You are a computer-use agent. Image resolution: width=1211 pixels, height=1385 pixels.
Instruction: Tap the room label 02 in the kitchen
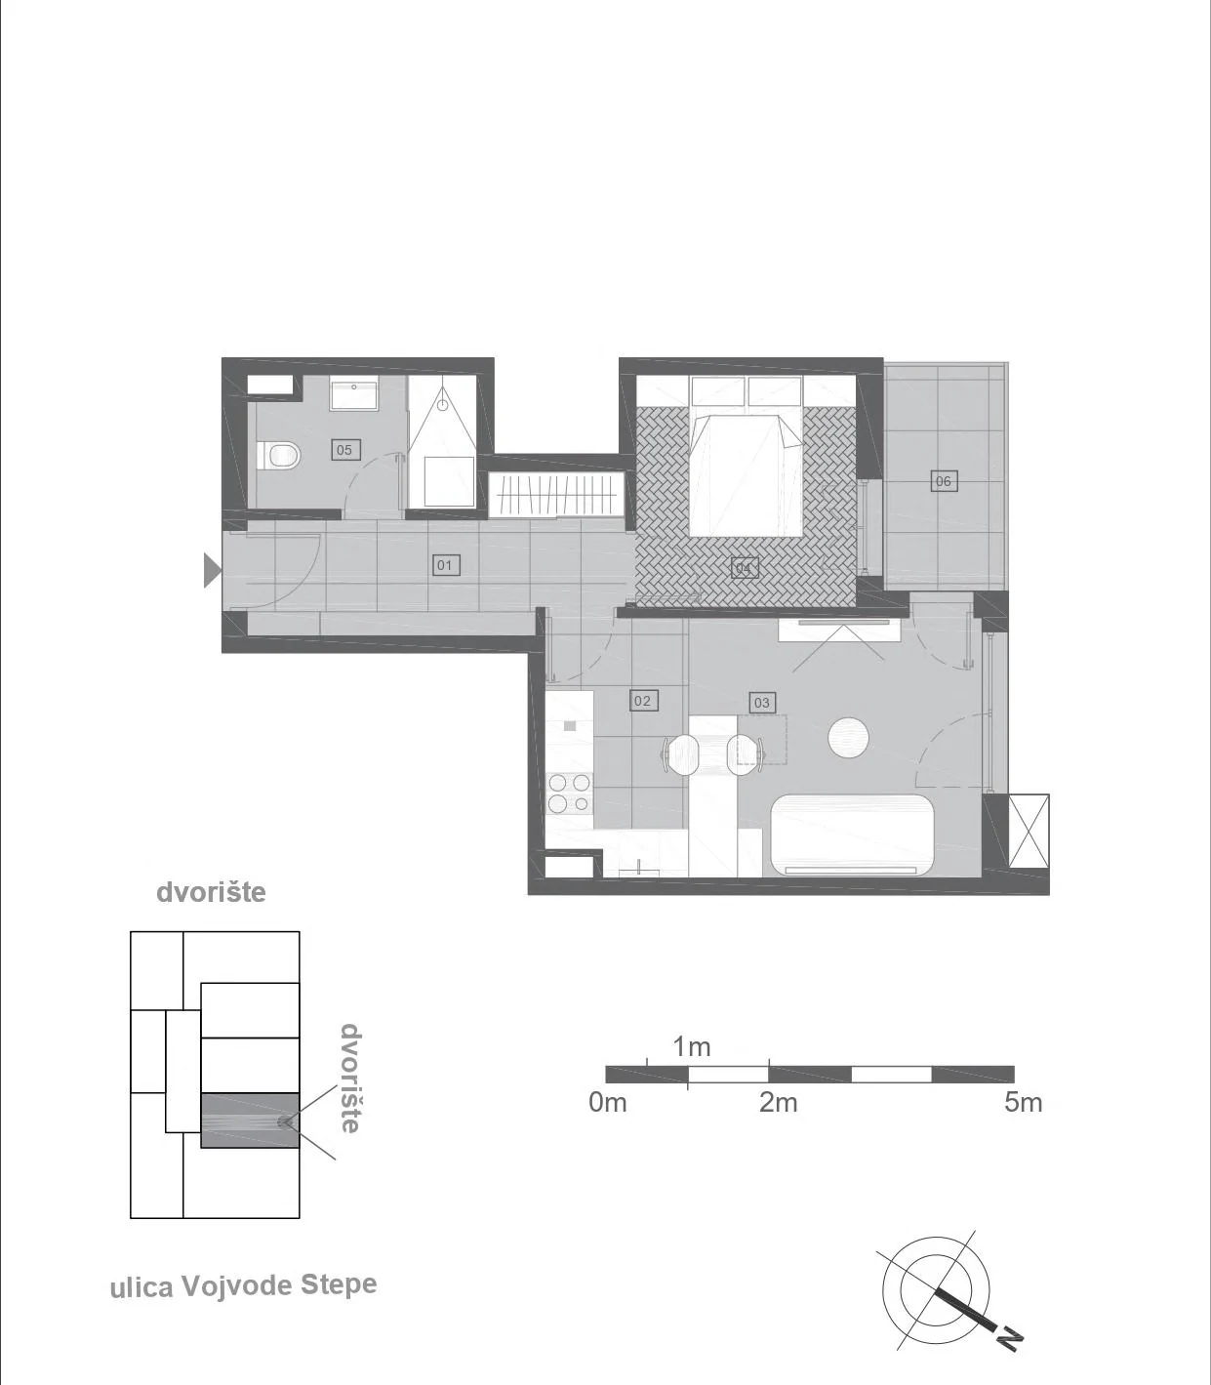642,701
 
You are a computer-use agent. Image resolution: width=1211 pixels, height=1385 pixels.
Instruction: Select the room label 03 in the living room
762,703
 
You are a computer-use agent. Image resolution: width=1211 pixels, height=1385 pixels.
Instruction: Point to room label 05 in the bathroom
344,450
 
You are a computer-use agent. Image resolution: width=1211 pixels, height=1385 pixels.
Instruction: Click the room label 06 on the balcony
943,481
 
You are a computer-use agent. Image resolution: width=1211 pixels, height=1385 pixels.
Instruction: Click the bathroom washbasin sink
353,395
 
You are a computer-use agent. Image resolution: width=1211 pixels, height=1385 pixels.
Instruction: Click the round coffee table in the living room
849,737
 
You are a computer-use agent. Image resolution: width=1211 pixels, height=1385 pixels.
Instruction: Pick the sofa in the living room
853,835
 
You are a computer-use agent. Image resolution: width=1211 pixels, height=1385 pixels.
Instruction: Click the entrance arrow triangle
213,570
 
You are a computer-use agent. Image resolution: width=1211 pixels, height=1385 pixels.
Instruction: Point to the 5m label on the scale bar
1023,1103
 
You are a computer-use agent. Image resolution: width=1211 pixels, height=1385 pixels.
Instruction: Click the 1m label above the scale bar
692,1047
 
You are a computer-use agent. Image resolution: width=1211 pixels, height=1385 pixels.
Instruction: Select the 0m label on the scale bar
608,1103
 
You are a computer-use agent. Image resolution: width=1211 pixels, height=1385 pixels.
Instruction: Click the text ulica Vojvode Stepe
244,1285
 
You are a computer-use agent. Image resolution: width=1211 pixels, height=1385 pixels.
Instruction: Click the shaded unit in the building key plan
251,1120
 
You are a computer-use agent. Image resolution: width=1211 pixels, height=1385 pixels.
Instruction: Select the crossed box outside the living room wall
1029,831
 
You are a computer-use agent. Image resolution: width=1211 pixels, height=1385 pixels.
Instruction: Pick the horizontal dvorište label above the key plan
211,892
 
